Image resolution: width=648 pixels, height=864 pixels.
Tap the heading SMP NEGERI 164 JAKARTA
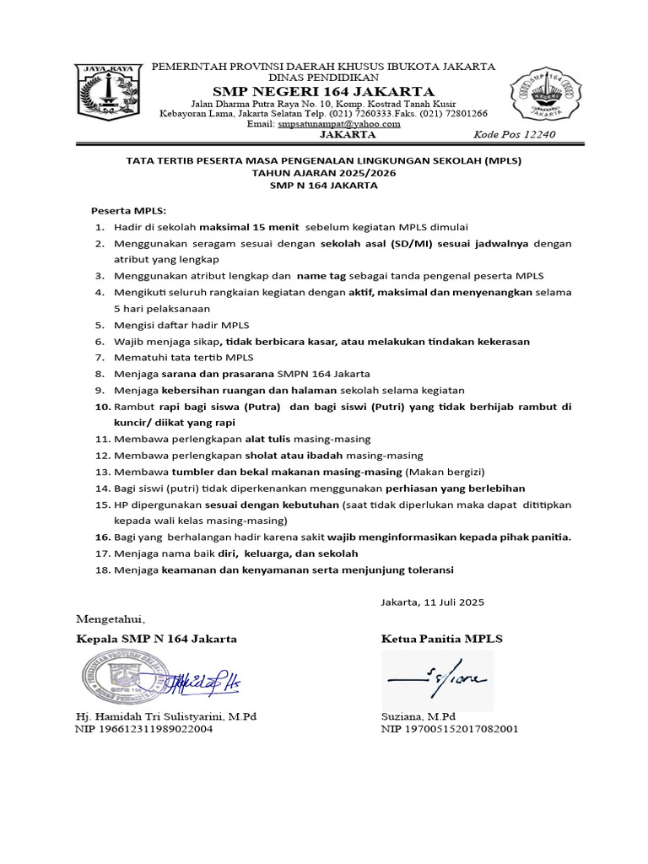pyautogui.click(x=323, y=91)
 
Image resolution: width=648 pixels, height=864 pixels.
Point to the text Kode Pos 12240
pyautogui.click(x=516, y=135)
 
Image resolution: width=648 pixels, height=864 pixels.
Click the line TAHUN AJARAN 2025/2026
pyautogui.click(x=323, y=173)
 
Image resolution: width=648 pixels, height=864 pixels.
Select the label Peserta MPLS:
pyautogui.click(x=129, y=209)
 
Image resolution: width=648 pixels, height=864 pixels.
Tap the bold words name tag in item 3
pyautogui.click(x=321, y=276)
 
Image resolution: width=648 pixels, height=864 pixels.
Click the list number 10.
pyautogui.click(x=101, y=407)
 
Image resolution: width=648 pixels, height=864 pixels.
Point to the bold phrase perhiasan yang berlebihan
pyautogui.click(x=456, y=488)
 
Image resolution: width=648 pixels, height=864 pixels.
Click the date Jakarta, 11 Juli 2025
pyautogui.click(x=433, y=602)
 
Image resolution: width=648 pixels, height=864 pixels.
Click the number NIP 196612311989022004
pyautogui.click(x=144, y=729)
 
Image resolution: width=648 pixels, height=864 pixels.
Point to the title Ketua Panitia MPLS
pyautogui.click(x=441, y=639)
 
